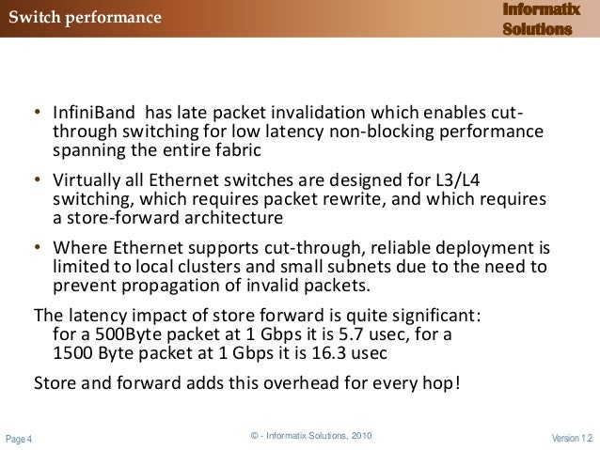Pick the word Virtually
click(87, 183)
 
